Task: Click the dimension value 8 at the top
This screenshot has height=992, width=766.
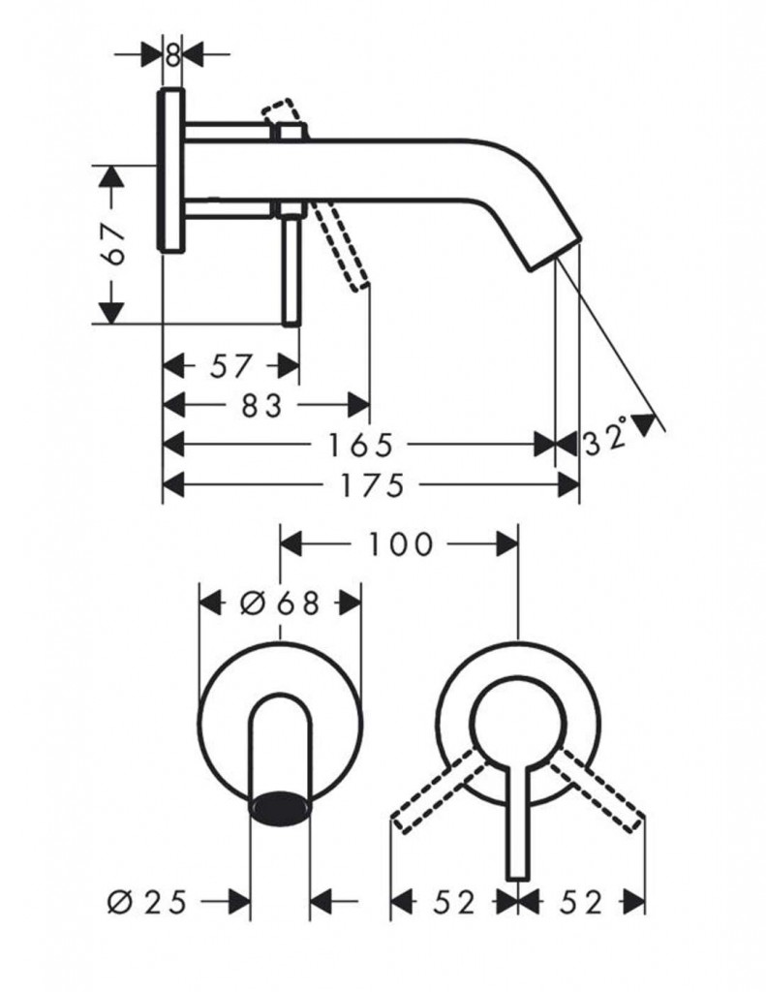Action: point(172,54)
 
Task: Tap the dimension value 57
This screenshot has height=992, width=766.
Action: point(230,366)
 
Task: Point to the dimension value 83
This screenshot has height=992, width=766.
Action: point(261,406)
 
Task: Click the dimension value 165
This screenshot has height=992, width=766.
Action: point(360,446)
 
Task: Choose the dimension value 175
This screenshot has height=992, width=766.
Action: point(372,486)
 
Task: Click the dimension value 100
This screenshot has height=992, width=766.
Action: point(400,544)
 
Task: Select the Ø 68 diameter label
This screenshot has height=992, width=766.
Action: point(280,604)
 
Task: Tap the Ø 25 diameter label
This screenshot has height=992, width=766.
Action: point(147,902)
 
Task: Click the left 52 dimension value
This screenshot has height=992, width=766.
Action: point(453,903)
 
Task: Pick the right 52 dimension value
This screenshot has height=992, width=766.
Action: point(581,903)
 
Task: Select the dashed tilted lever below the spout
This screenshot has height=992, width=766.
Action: point(340,245)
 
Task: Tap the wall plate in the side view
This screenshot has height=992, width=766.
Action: point(170,170)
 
